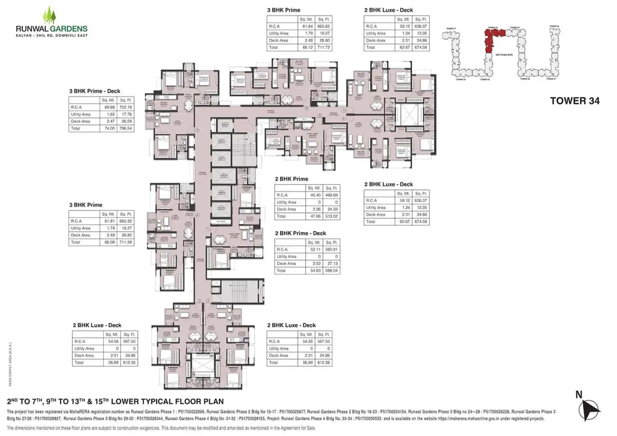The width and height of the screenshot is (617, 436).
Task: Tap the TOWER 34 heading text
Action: point(575,101)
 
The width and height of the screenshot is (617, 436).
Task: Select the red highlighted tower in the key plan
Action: point(492,39)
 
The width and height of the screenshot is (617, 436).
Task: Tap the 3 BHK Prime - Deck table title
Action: point(94,91)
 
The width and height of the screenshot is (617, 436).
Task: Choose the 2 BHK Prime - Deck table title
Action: point(300,233)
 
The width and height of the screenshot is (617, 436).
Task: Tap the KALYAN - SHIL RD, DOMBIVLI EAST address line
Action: point(52,35)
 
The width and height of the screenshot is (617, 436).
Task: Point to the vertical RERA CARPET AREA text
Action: point(10,364)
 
